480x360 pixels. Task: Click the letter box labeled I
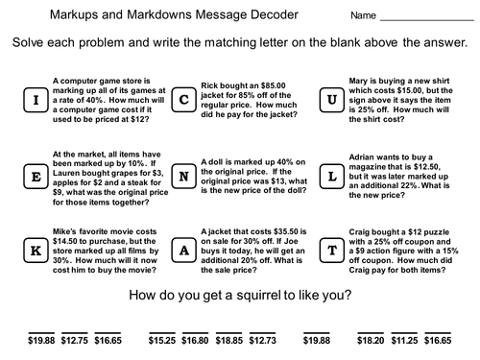point(36,100)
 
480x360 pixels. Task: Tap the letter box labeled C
point(184,100)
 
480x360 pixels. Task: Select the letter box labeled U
point(332,100)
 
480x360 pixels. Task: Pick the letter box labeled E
point(36,177)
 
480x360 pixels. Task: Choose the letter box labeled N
point(184,177)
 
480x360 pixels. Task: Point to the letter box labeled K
point(36,251)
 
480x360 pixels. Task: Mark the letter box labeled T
point(332,251)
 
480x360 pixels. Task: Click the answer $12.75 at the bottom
point(75,340)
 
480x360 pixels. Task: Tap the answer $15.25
point(162,340)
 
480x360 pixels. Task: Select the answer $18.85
point(229,340)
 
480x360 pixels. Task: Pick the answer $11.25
point(404,340)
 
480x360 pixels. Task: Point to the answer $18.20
point(371,340)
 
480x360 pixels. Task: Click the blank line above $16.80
point(195,333)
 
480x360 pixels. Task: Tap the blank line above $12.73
point(262,333)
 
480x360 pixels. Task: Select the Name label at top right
point(363,15)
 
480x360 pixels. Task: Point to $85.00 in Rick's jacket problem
point(273,85)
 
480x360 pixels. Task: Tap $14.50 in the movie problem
point(65,241)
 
